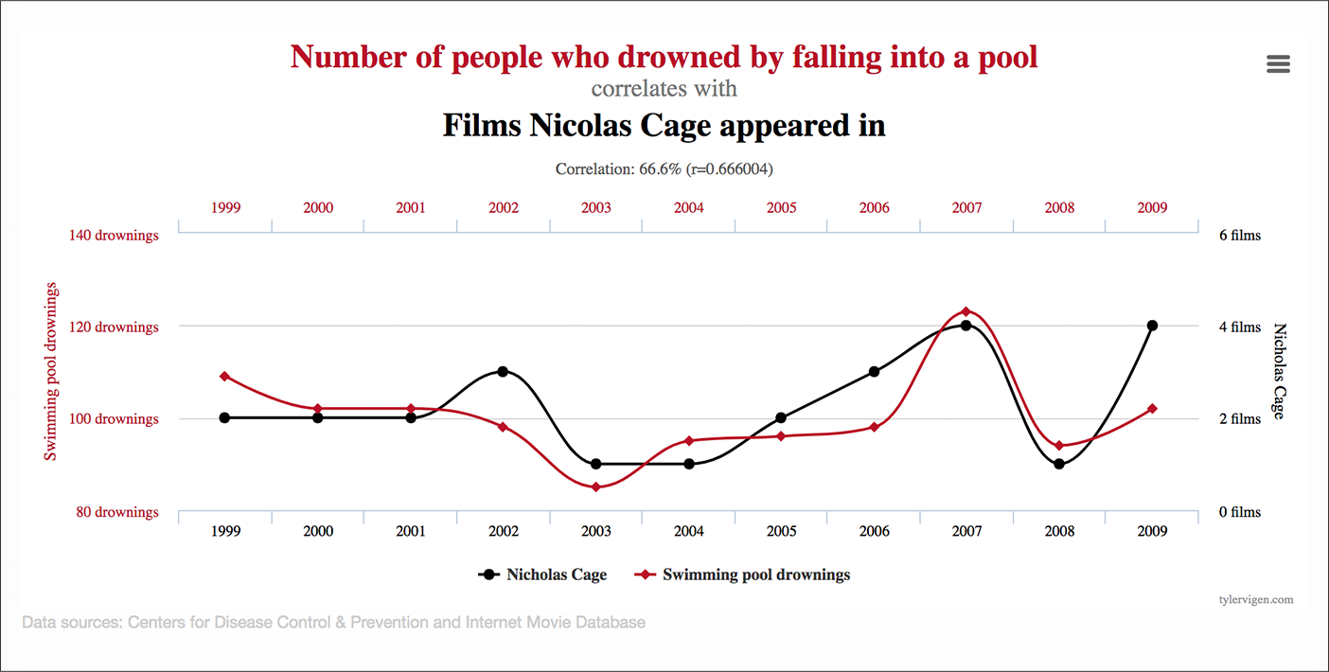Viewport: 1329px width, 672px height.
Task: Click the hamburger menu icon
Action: pos(1278,63)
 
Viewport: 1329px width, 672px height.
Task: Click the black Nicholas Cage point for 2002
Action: pos(503,371)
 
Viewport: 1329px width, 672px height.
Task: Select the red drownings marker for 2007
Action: pos(966,311)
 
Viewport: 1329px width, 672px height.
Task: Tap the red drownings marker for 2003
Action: pos(595,486)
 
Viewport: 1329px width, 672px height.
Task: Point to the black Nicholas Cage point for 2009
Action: pos(1152,326)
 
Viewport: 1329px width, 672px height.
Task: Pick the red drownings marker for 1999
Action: pos(224,377)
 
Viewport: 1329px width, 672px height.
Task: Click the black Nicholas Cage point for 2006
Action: pos(874,371)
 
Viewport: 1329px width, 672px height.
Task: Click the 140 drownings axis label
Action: pos(115,235)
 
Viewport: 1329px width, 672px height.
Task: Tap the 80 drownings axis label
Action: pos(117,512)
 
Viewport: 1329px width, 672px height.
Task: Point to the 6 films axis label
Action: pos(1239,235)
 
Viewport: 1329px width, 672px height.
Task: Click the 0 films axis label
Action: pos(1239,512)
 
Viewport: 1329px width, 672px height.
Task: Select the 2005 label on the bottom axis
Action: pos(781,531)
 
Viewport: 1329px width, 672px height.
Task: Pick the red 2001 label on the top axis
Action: pos(410,207)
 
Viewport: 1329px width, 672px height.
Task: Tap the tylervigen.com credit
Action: pos(1256,599)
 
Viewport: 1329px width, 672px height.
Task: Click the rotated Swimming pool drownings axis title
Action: pos(51,371)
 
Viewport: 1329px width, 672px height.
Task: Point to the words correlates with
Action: pos(664,89)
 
